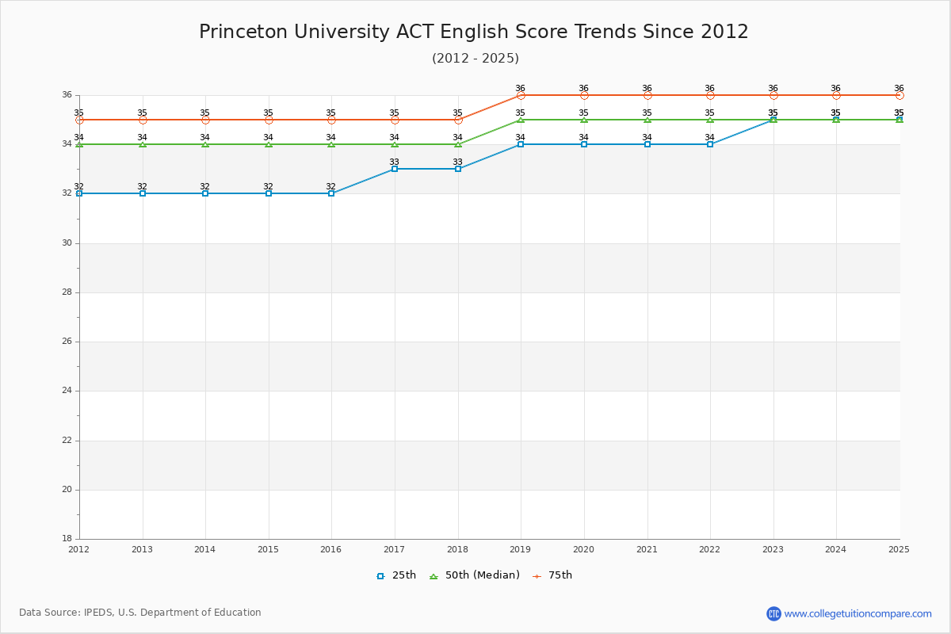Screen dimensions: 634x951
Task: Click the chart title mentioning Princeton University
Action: pos(474,32)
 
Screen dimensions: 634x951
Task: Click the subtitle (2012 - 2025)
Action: pos(475,58)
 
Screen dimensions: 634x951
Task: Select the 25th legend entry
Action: pos(396,575)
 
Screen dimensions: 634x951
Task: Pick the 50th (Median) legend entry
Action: pos(475,575)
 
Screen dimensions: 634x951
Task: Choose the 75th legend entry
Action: pos(552,575)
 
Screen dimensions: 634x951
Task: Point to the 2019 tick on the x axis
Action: pos(521,548)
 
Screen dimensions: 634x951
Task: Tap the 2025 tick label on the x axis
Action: pos(899,548)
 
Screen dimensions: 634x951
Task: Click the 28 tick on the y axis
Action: pos(67,292)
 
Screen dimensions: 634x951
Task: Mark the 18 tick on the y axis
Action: pos(67,539)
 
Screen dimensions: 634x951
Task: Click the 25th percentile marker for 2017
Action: pos(395,169)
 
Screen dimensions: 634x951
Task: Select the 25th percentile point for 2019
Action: pos(521,144)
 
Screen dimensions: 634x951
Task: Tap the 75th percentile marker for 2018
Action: pos(458,120)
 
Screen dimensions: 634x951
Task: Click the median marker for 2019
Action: pos(521,120)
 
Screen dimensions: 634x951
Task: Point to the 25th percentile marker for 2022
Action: pos(710,144)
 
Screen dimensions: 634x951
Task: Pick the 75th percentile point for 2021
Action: pos(647,95)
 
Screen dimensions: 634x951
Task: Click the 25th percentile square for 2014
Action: pos(205,193)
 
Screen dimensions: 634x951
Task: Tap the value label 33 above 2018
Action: pos(457,162)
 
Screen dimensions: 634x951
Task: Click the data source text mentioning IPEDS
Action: pos(140,613)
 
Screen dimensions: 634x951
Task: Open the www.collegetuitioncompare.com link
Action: pos(857,613)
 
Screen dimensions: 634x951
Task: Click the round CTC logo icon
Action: pos(773,613)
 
